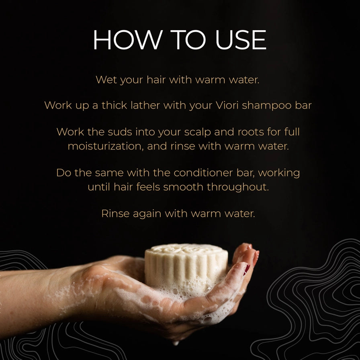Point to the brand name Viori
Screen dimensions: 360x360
pos(226,105)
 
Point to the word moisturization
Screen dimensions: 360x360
pos(106,146)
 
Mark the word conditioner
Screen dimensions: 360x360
pos(204,173)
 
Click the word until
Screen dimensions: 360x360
pos(100,187)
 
